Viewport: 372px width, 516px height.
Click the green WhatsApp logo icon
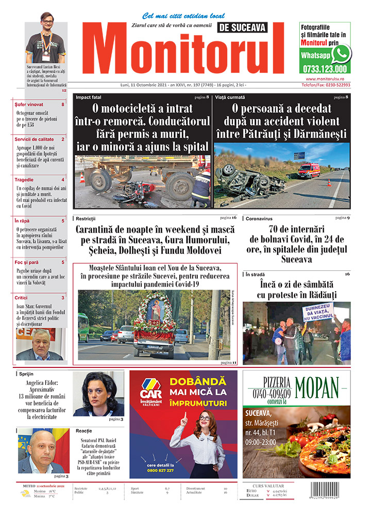[x=341, y=53]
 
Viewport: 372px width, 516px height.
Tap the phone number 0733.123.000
[x=323, y=69]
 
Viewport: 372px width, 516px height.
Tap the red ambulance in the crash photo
[x=309, y=170]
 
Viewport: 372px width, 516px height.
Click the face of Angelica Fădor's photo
[x=98, y=388]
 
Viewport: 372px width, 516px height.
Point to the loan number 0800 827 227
[x=159, y=470]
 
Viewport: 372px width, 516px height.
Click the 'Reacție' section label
[x=84, y=430]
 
